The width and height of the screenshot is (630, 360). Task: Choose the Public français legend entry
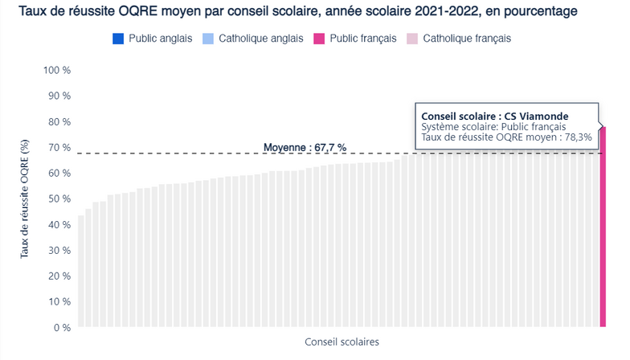pos(362,38)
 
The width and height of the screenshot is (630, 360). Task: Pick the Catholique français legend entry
pos(466,38)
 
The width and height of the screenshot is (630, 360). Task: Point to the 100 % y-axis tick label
pos(57,71)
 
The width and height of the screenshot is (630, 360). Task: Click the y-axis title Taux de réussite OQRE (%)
pos(26,198)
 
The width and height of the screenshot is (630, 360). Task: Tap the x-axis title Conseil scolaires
pos(342,342)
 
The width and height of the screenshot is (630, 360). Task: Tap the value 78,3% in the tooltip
pos(577,137)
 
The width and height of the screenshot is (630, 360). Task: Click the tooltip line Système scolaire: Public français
pos(493,127)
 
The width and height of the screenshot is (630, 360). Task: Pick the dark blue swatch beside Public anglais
pos(118,38)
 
